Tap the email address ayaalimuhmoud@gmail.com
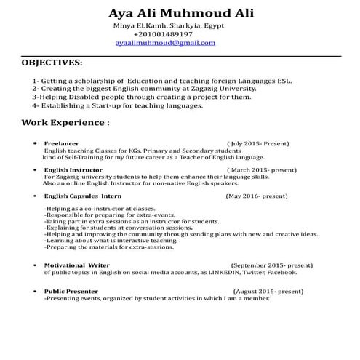[x=165, y=43]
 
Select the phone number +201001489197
[x=163, y=34]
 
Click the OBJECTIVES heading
[x=52, y=63]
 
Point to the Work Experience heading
[x=65, y=122]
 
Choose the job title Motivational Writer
[x=77, y=265]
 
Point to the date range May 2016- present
[x=257, y=196]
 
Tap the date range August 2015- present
[x=269, y=291]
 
